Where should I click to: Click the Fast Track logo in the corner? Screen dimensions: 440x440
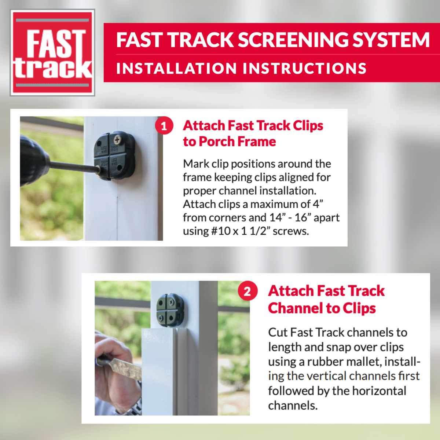coord(52,53)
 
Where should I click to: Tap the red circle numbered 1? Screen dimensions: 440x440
coord(164,126)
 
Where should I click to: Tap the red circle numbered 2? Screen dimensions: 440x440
coord(247,291)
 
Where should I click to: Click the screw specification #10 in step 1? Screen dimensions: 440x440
coord(220,231)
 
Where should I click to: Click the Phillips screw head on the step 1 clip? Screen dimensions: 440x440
coord(117,140)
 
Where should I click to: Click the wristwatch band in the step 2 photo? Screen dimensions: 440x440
coord(136,405)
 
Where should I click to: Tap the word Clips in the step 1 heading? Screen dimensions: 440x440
coord(308,126)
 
